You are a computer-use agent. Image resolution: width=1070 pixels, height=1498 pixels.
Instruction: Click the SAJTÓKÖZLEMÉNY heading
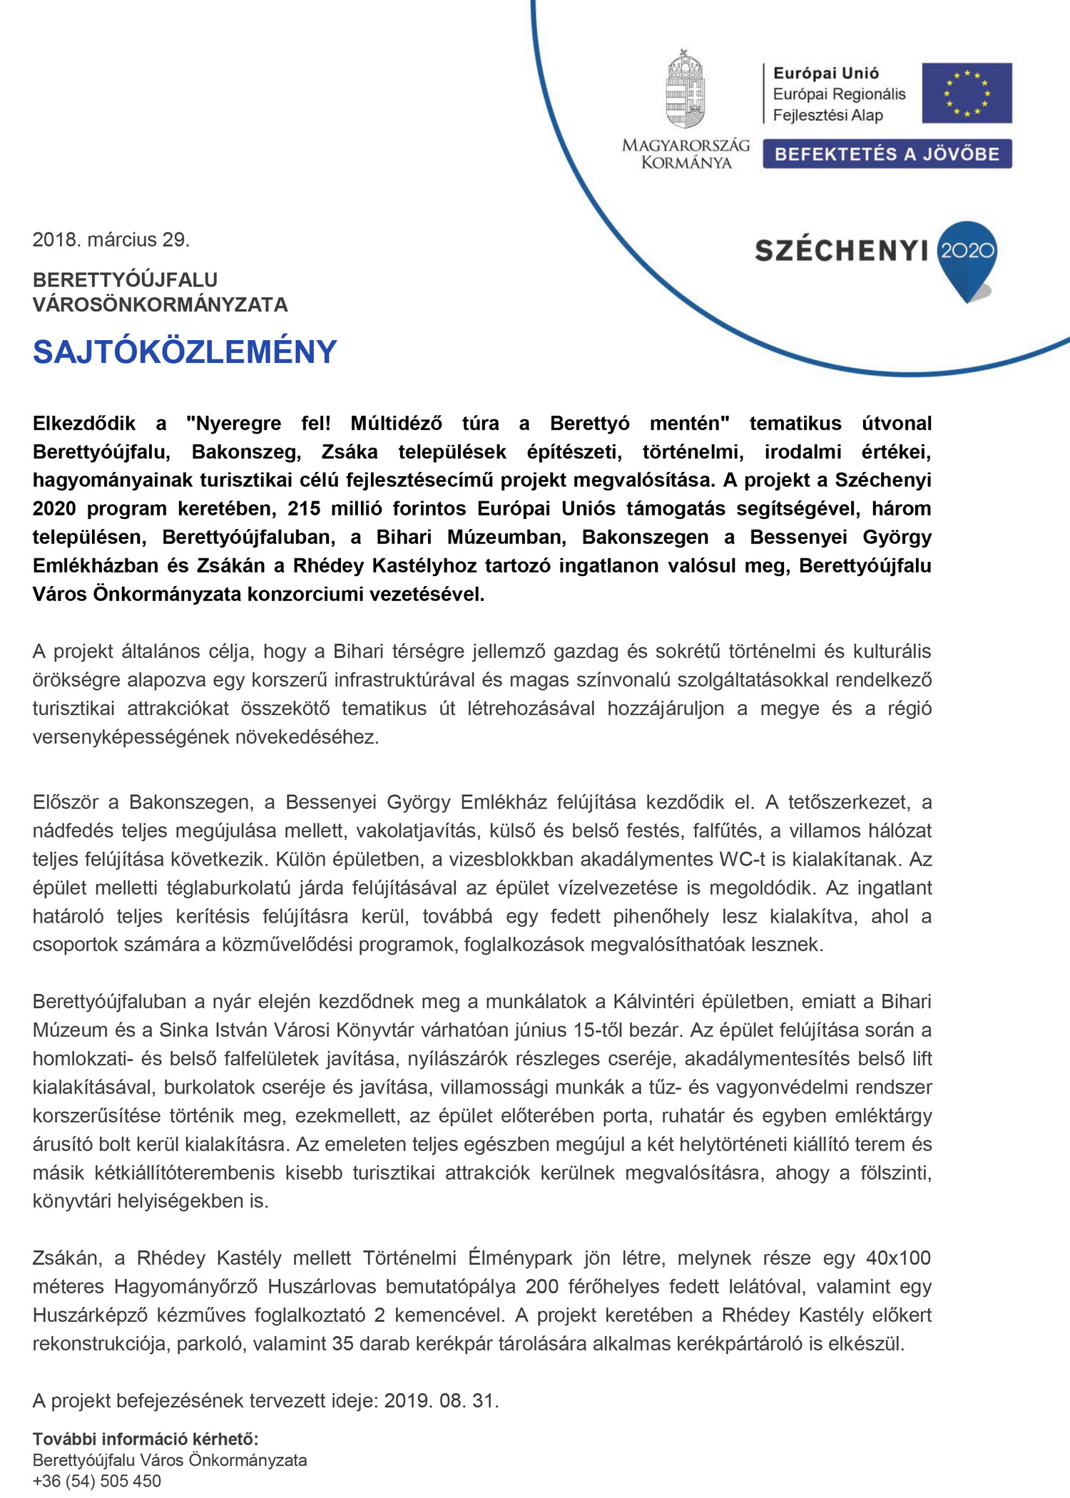[185, 352]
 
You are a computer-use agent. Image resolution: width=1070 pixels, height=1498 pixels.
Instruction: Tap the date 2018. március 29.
[111, 240]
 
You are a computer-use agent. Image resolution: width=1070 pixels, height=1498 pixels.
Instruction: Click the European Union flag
[966, 93]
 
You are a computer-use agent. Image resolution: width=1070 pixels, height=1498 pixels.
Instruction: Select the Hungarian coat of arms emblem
[685, 90]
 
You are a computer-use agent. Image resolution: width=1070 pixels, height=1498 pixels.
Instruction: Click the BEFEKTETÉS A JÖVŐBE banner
[887, 154]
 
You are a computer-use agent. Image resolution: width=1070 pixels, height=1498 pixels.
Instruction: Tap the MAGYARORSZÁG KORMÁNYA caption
[686, 154]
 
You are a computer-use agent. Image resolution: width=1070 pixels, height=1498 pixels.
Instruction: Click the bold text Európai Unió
[826, 73]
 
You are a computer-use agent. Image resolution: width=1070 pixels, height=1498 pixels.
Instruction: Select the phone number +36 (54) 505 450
[97, 1481]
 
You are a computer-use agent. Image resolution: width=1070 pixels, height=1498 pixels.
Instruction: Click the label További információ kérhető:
[146, 1439]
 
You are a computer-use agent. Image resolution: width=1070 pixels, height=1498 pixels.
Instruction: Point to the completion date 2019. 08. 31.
[441, 1401]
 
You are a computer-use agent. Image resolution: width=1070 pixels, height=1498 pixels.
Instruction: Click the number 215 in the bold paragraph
[305, 508]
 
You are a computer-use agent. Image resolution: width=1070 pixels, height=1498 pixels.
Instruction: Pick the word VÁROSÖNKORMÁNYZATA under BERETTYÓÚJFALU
[160, 305]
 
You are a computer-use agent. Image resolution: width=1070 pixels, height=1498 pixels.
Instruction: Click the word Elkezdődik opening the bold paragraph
[84, 424]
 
